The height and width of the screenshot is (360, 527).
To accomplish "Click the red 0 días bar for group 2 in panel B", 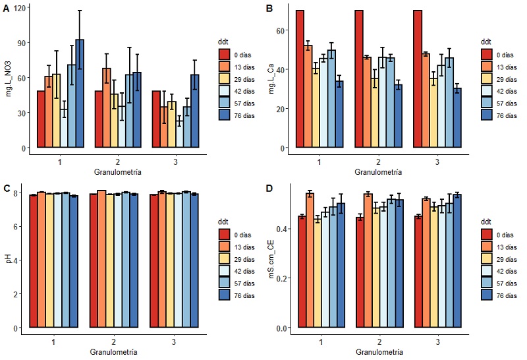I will pos(360,79).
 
